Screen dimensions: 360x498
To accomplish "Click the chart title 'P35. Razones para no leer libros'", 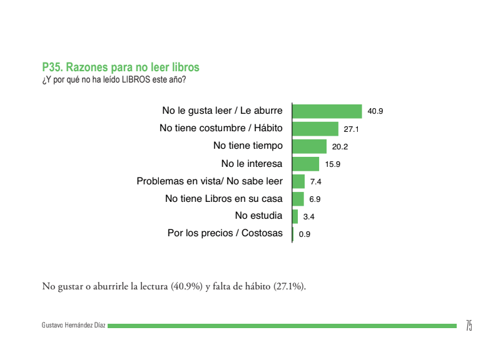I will (121, 67).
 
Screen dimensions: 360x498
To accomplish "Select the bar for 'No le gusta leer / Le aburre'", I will (327, 111).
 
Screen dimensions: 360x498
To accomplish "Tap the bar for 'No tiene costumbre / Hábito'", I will (315, 129).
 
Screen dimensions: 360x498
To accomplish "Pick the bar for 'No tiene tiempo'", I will (310, 146).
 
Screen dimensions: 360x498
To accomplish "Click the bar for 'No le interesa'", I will (306, 164).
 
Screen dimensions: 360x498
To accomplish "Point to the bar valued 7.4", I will (298, 181).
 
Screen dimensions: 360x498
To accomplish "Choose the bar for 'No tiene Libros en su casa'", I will (298, 199).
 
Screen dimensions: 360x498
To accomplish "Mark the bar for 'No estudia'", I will (295, 216).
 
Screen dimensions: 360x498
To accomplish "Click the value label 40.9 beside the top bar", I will (375, 111).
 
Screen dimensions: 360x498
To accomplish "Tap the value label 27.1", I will (351, 129).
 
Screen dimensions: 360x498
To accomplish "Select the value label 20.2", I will (340, 147).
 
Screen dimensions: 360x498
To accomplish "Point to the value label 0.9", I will (305, 234).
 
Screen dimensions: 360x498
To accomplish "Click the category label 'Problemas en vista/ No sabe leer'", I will (210, 181).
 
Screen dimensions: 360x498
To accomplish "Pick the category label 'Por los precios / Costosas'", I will (225, 234).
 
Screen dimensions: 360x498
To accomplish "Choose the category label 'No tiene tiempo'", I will (248, 146).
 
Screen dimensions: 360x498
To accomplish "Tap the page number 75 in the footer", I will (469, 325).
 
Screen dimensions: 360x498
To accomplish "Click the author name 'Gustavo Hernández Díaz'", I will (73, 326).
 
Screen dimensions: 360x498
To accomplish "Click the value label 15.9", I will (332, 164).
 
